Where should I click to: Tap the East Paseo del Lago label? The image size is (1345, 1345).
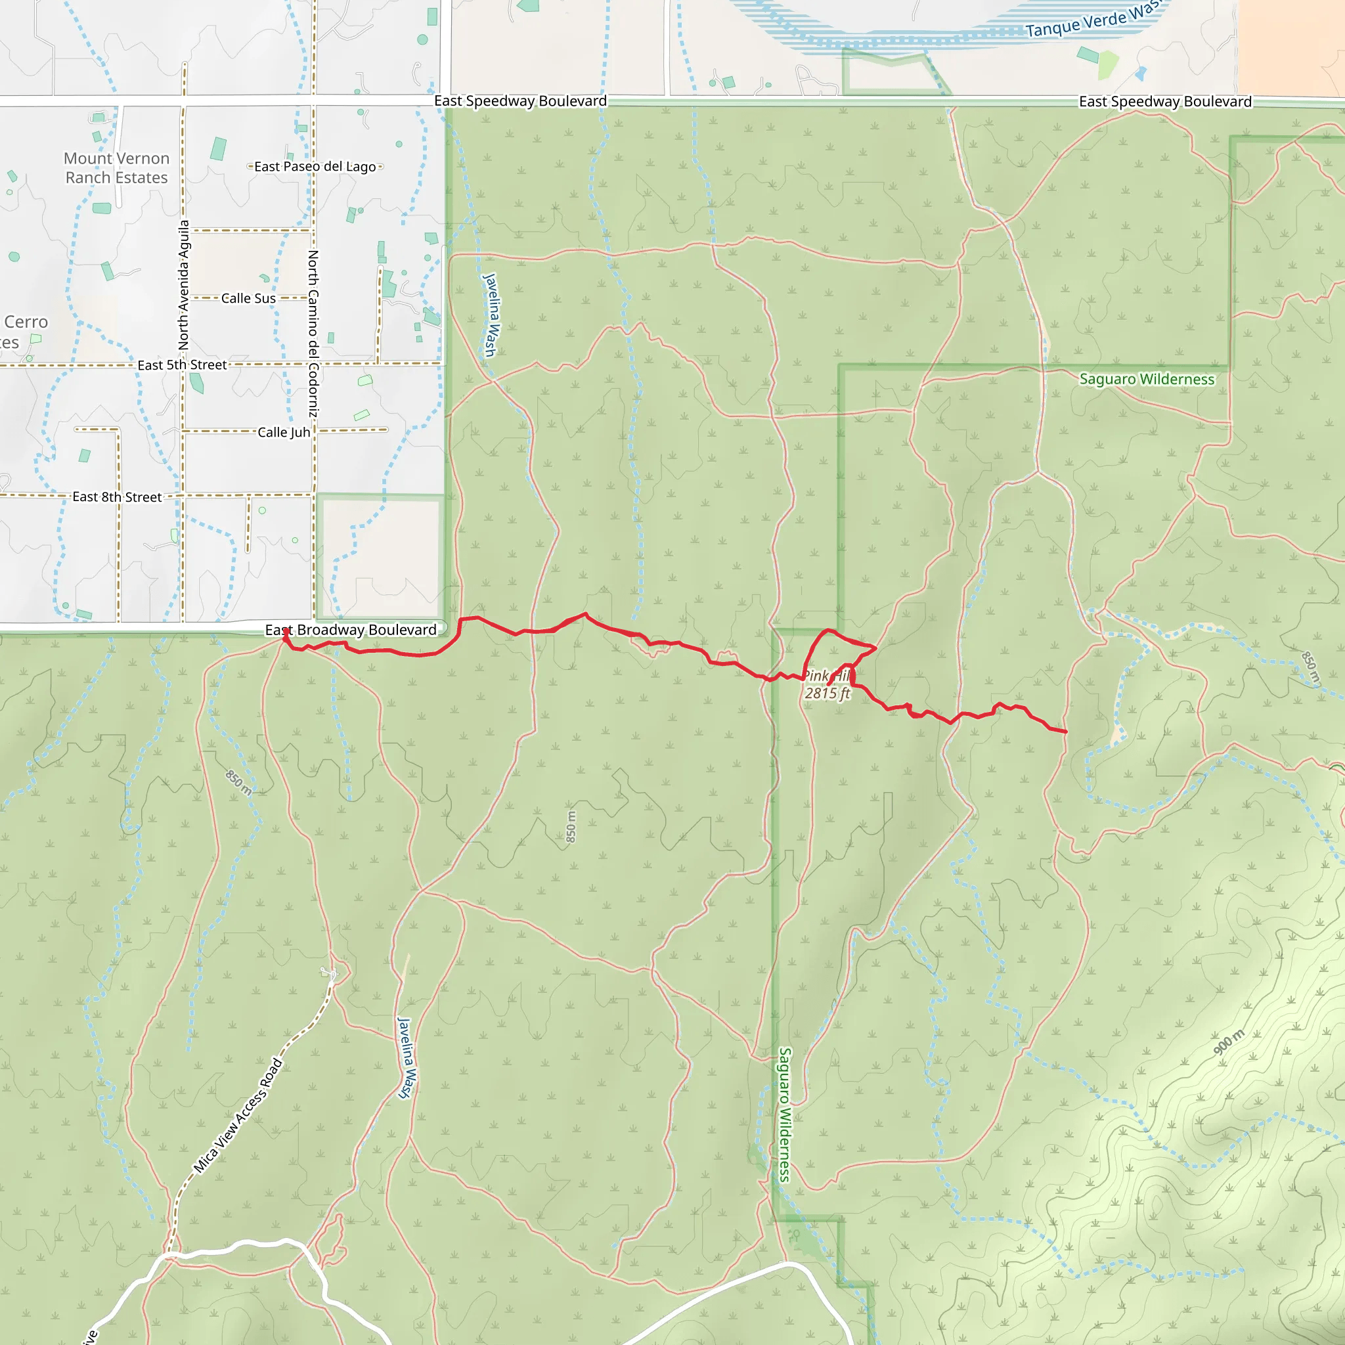[x=315, y=166]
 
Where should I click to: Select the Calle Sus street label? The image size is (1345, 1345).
[x=248, y=298]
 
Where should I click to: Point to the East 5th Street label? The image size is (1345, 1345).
[x=182, y=364]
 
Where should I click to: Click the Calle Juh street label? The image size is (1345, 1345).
[x=283, y=431]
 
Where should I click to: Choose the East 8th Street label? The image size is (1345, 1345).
[x=117, y=496]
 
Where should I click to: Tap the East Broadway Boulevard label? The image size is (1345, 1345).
[x=350, y=629]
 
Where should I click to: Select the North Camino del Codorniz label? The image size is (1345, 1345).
[x=313, y=334]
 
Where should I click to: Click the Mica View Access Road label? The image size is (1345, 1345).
[x=238, y=1115]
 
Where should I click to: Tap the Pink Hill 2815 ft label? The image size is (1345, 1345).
[x=827, y=684]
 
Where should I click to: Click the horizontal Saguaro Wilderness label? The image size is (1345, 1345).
[x=1147, y=379]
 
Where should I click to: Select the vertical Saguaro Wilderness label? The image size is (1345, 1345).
[x=785, y=1114]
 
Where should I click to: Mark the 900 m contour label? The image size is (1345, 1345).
[x=1229, y=1042]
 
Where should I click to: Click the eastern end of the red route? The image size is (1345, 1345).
[x=1066, y=732]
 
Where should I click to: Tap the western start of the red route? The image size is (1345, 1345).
[x=285, y=631]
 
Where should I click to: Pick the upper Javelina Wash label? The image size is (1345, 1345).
[x=490, y=315]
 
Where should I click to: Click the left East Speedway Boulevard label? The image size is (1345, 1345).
[x=520, y=101]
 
